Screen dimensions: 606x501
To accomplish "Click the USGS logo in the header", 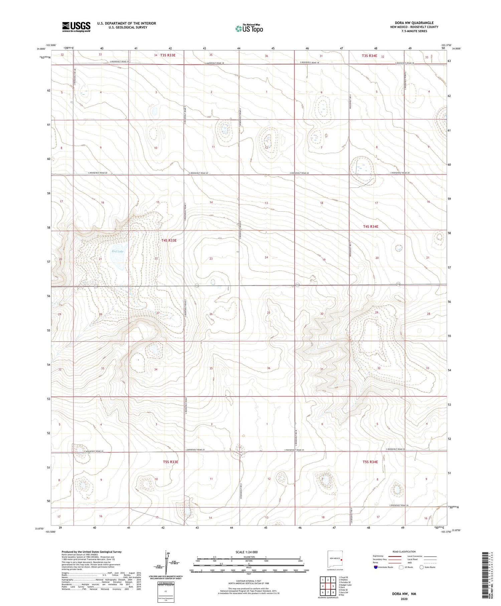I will pos(76,27).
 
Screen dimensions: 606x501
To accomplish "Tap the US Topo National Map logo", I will pos(249,28).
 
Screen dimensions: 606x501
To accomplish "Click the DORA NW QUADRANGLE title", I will pos(414,23).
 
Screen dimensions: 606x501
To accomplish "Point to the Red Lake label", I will pos(118,251).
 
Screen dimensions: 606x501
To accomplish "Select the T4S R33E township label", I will pos(169,240).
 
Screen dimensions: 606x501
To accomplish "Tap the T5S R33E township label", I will pos(170,462).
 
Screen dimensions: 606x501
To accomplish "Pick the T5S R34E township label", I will pos(370,462).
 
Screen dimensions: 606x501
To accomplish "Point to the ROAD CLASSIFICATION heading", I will pos(404,552).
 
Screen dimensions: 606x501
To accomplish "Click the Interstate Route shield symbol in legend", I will pos(376,567).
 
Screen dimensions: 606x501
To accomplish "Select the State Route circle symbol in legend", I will pos(422,567).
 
